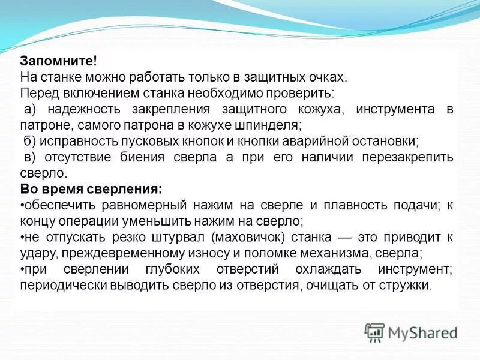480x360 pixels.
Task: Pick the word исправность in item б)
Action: (x=76, y=142)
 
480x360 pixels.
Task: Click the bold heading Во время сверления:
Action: (x=91, y=190)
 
